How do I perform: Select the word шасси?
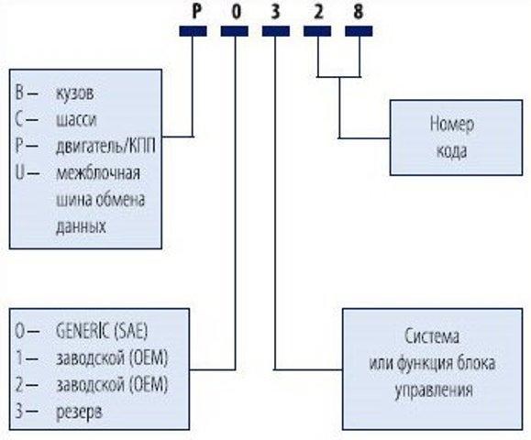(74, 119)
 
